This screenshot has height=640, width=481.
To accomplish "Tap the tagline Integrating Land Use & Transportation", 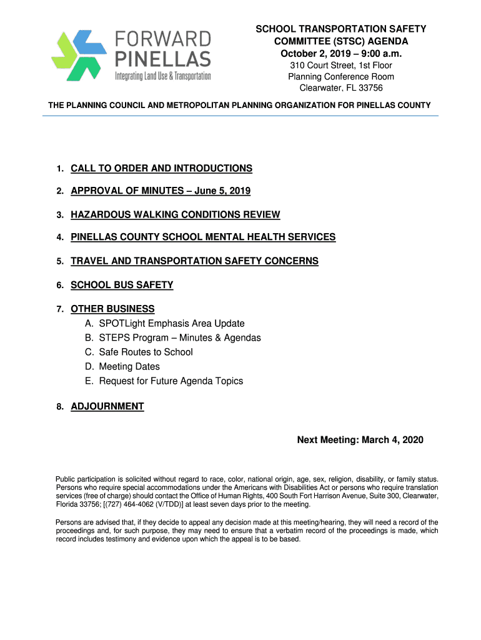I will pos(163,76).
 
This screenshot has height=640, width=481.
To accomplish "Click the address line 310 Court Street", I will pos(341,66).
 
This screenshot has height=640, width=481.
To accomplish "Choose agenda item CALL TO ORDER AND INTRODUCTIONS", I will pos(161,168).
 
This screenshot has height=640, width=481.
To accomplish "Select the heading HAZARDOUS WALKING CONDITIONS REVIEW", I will pos(175,215).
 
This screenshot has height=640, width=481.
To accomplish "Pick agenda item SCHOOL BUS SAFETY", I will pos(122,285).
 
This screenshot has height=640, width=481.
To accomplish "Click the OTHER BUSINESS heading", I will pos(112,309).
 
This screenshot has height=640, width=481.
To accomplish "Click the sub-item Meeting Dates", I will pos(129,367).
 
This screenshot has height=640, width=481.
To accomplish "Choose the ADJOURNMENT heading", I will pos(107,407).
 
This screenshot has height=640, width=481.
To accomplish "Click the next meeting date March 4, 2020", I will pos(387,441).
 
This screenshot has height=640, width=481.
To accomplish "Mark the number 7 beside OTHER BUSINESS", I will pos(59,309).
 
